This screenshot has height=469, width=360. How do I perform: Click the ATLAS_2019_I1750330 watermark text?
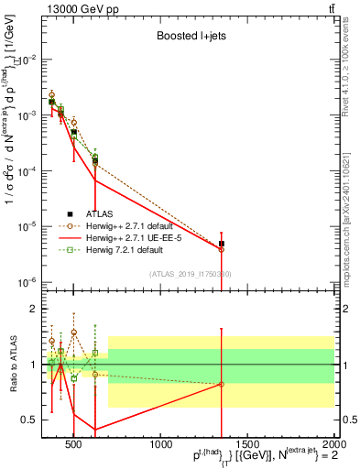(191, 273)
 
